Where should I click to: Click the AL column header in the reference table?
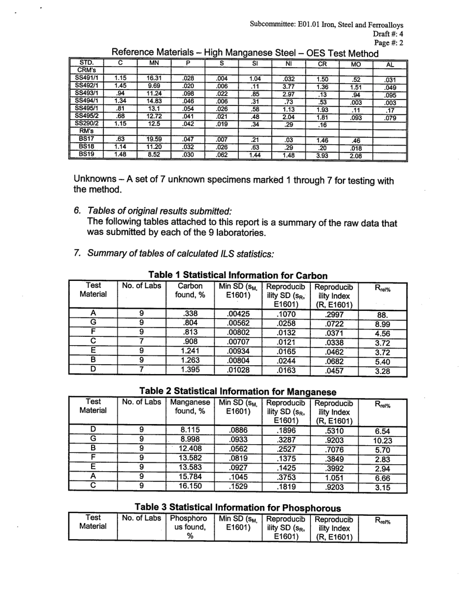pyautogui.click(x=390, y=64)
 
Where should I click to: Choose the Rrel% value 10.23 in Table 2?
pyautogui.click(x=382, y=440)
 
